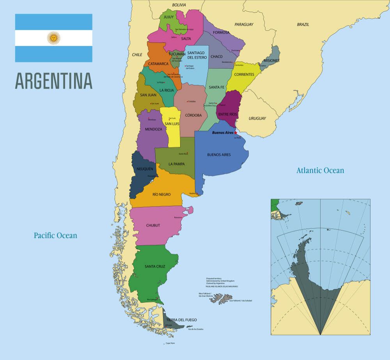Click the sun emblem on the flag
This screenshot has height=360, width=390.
coord(53,38)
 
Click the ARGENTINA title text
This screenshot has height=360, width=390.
coord(54,81)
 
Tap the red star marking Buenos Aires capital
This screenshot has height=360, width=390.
coord(236,133)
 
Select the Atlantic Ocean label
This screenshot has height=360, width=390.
coord(320,170)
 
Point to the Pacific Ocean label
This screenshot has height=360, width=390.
coord(55,235)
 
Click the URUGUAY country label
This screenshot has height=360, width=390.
coord(257,118)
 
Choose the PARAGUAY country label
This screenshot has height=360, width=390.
coord(244,25)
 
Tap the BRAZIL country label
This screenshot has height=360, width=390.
coord(303,24)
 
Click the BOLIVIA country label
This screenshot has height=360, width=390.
coord(179,5)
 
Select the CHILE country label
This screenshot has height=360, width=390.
coord(137,55)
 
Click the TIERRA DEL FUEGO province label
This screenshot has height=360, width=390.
coord(181,320)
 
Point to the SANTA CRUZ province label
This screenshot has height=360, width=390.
coord(155,266)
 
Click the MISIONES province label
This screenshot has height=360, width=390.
coord(271,60)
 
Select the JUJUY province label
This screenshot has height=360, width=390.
coord(168,17)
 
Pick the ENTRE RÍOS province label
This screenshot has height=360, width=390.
coord(228,114)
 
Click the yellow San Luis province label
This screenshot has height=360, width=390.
coord(172,124)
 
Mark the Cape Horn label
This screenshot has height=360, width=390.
coord(170,343)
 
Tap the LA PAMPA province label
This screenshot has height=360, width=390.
coord(177,164)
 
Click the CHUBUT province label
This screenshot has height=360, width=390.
coord(153,225)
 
